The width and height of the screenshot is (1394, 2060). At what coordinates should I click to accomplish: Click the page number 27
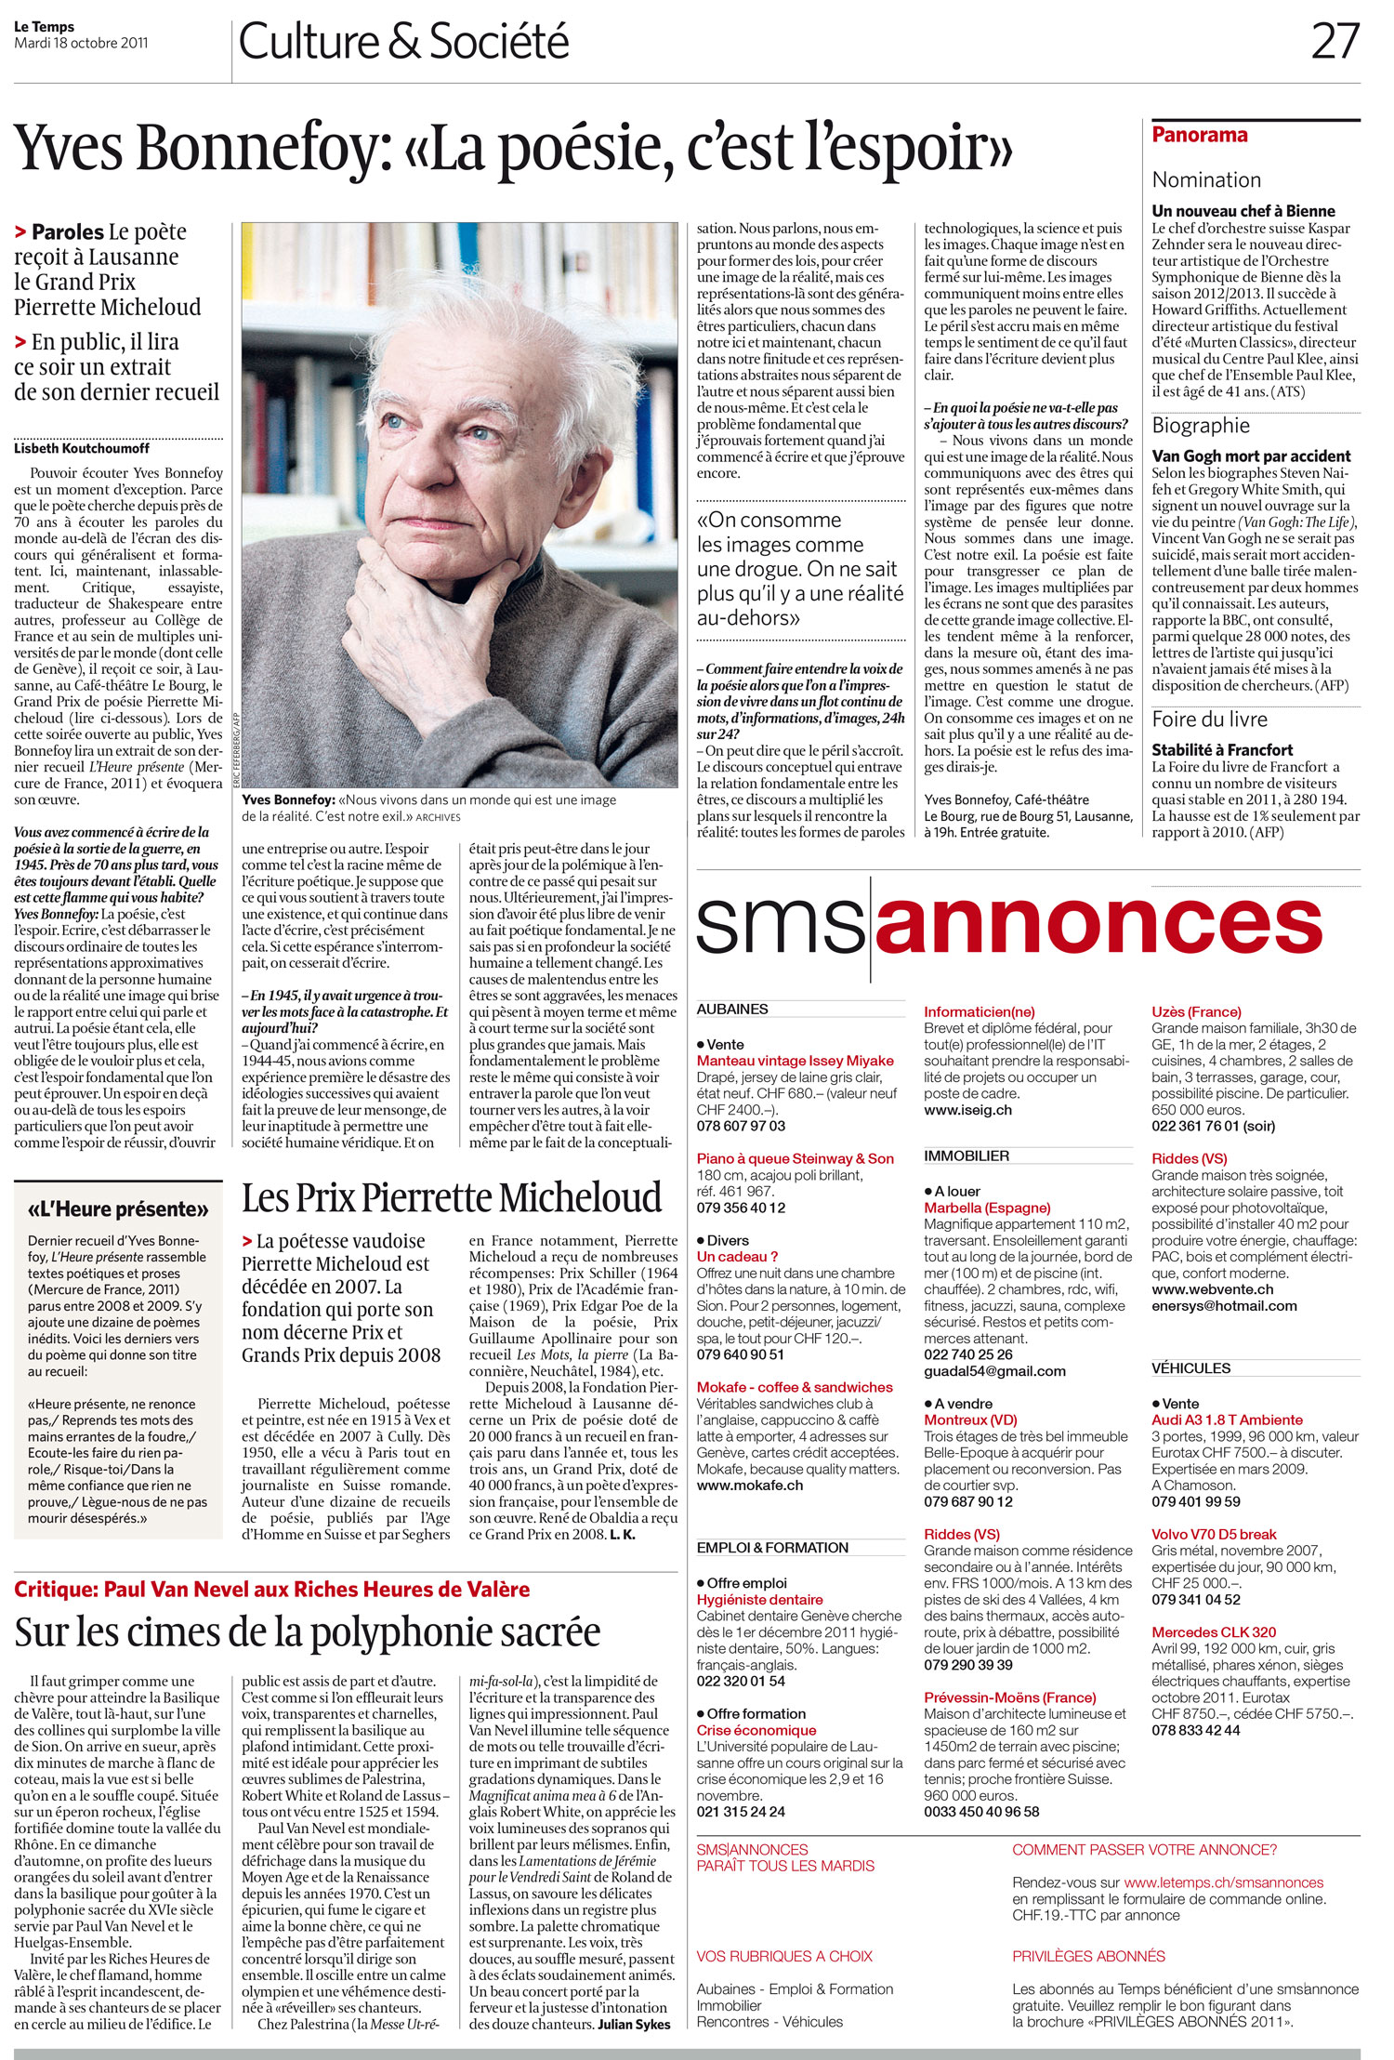(1335, 42)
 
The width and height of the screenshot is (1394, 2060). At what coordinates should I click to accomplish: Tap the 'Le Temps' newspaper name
(44, 27)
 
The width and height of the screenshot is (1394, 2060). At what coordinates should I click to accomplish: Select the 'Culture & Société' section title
(403, 43)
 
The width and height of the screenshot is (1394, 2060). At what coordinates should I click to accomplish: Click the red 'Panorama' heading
(1199, 135)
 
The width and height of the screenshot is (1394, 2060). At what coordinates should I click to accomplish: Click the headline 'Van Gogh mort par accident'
(1251, 456)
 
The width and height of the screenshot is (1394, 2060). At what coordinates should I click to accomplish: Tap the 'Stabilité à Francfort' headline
(1222, 749)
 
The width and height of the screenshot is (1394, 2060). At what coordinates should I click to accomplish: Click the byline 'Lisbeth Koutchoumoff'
(82, 449)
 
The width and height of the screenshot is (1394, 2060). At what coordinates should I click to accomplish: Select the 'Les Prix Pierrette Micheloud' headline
(452, 1197)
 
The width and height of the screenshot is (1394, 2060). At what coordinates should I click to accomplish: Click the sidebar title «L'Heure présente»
(118, 1209)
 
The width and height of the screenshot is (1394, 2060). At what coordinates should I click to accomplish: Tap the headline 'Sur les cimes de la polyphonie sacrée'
(308, 1631)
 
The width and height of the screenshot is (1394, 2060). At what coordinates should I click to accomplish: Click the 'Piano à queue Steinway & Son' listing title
(795, 1158)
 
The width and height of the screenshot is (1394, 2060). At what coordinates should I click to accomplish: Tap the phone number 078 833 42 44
(1195, 1730)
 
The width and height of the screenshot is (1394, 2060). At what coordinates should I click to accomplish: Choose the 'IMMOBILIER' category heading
(967, 1155)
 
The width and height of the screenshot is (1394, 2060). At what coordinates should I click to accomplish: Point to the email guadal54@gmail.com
(994, 1371)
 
